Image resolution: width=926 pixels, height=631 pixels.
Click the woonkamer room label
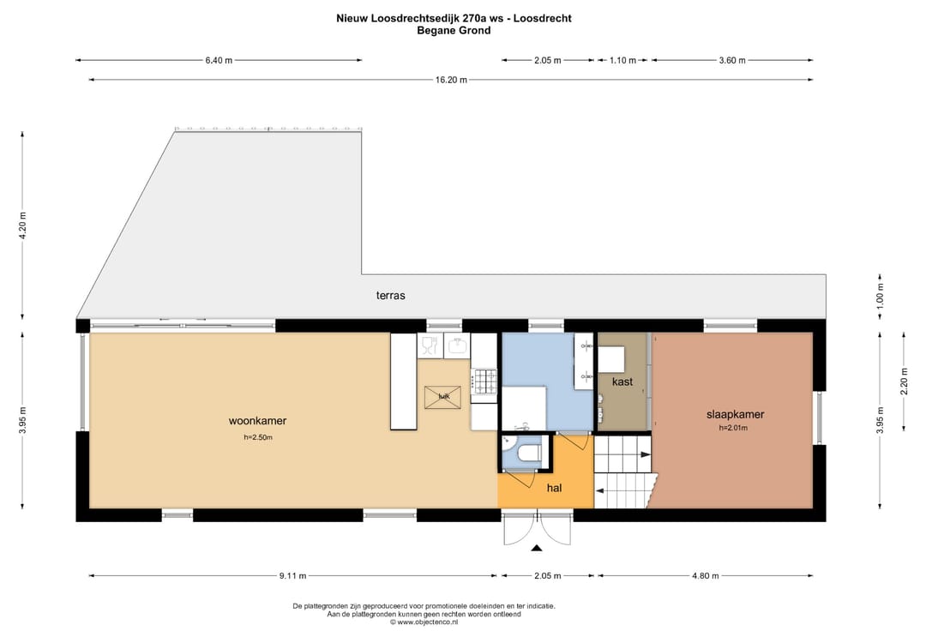click(x=257, y=421)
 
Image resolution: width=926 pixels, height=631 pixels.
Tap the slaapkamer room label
click(x=735, y=415)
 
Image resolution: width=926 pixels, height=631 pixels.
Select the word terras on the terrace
click(x=390, y=296)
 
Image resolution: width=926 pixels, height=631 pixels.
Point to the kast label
click(x=622, y=382)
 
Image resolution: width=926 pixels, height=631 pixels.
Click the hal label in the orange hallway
click(x=554, y=488)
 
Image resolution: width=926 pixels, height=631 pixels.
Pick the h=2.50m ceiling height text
click(x=257, y=437)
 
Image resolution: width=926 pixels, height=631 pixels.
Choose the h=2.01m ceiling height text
click(x=734, y=428)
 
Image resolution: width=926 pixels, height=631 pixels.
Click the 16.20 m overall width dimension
click(x=451, y=80)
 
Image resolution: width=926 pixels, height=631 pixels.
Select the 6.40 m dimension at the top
click(x=219, y=61)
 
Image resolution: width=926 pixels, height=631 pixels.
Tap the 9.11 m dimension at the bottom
click(x=292, y=576)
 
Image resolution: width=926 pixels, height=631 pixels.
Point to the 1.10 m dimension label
click(x=622, y=61)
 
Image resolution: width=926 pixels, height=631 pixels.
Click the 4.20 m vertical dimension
click(x=23, y=227)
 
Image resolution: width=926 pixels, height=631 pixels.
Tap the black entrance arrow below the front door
click(x=538, y=548)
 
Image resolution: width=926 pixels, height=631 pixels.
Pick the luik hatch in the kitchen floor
click(x=442, y=397)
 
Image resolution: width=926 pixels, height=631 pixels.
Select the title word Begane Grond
click(x=454, y=31)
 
